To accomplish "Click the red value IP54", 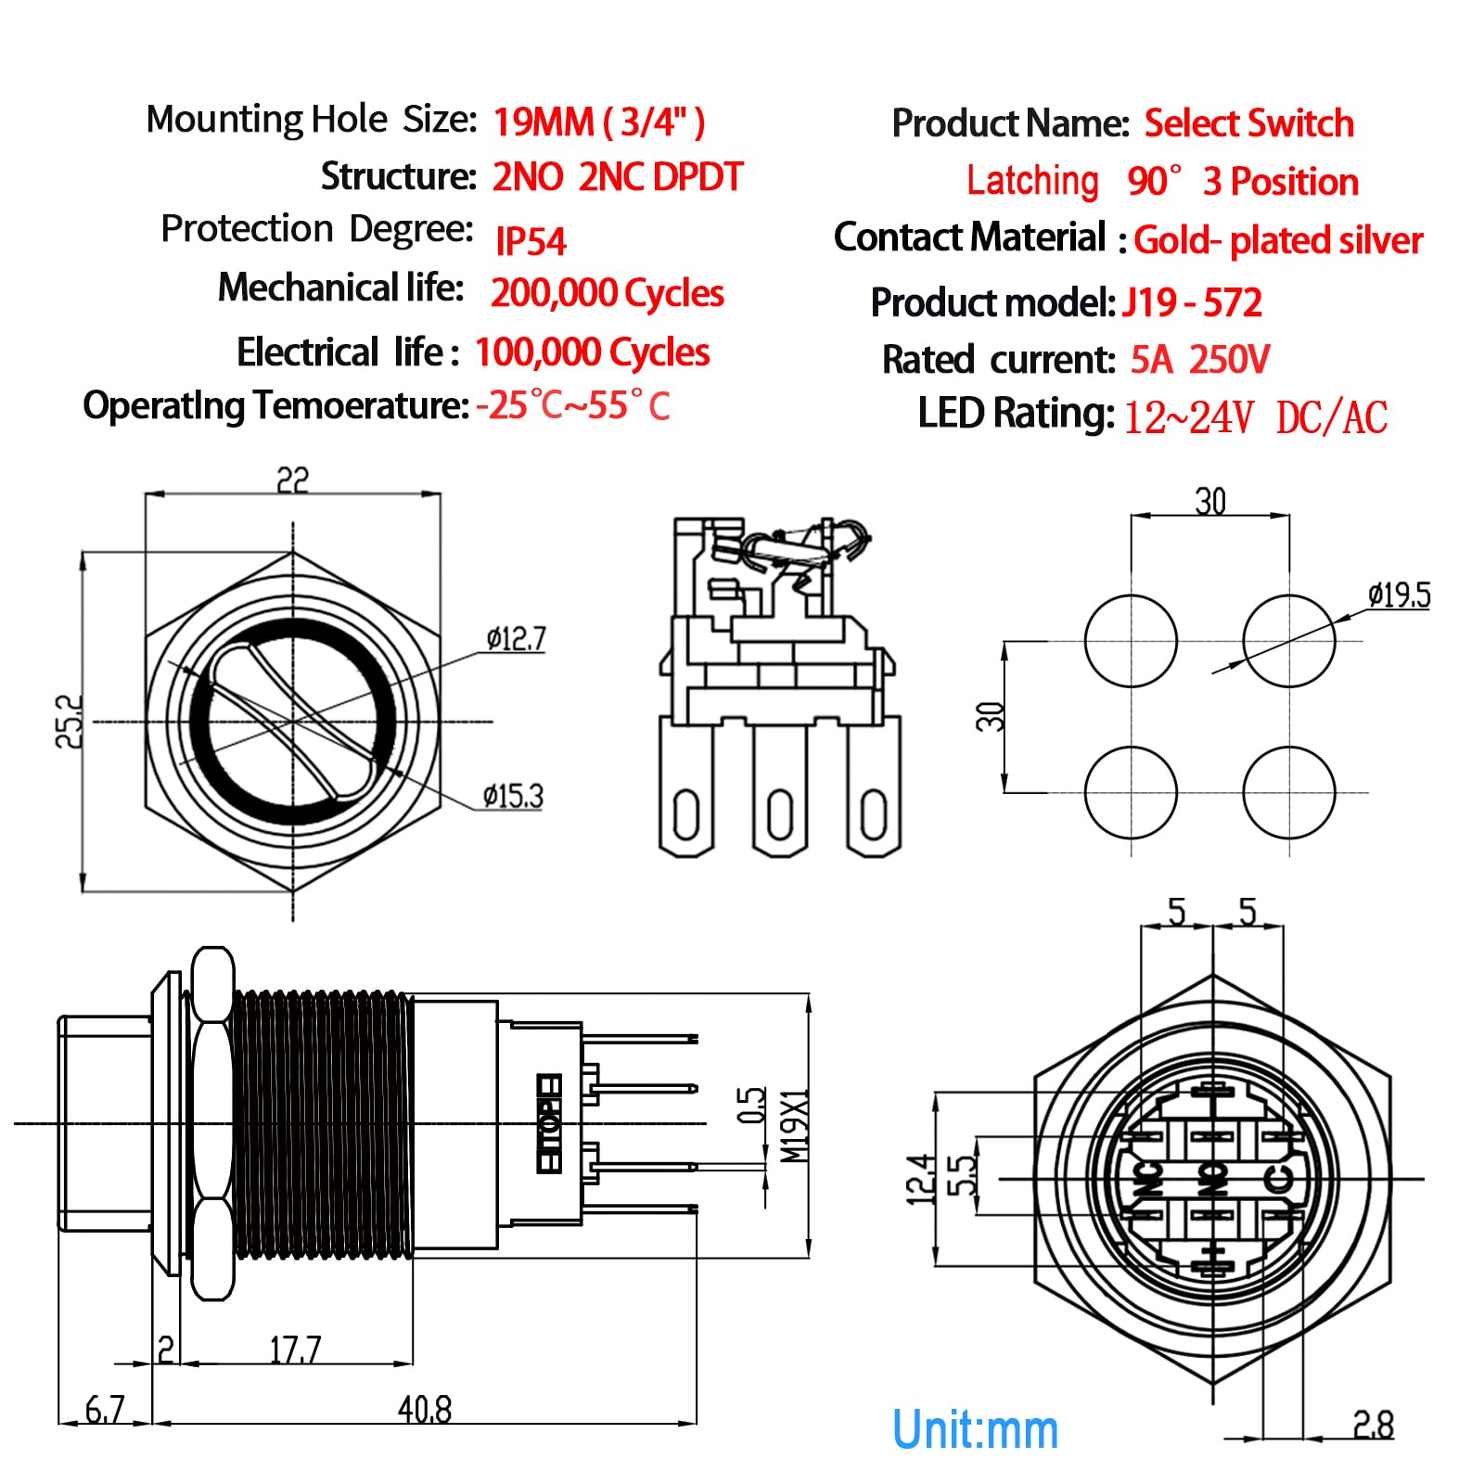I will coord(530,241).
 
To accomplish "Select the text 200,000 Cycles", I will coord(607,293).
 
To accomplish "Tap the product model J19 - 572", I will coord(1192,303).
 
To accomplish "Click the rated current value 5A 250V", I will coord(1199,360).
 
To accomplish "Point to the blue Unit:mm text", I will coord(974,1429).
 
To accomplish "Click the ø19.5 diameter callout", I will coord(1399,595).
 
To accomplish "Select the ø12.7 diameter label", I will coord(516,639).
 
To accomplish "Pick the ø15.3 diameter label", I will coord(512,796).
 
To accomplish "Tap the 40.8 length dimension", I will coord(424,1410).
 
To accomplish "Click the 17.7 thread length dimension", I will coord(295,1350).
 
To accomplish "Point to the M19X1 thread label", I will coord(794,1126).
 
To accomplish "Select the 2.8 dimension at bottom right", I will coord(1373,1425).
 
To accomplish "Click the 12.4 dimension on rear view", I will coord(918,1179).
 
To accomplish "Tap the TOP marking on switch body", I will coord(550,1124).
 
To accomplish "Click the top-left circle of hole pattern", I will coord(1131,641).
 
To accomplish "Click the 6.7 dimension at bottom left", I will coord(104,1410).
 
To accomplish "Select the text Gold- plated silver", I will coord(1277,240).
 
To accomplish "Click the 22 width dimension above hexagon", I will coord(292,480).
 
